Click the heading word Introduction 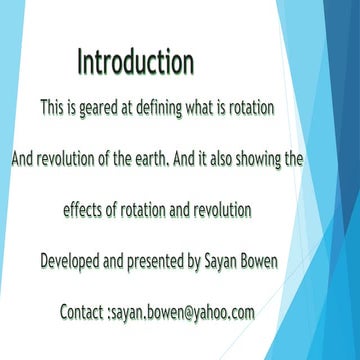135,63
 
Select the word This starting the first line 53,106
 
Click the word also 232,158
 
